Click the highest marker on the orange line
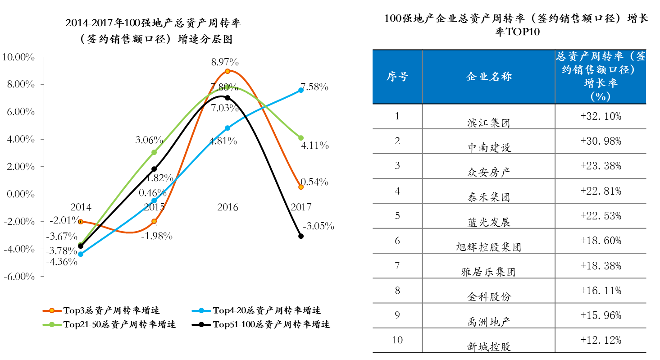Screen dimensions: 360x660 228,71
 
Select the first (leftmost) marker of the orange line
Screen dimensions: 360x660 81,222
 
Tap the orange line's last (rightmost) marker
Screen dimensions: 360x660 301,187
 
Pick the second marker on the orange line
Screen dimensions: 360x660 154,221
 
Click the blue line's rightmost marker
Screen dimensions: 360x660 301,90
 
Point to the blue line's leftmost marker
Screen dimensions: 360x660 81,254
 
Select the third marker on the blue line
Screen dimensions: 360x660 228,128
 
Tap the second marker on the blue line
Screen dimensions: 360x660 154,201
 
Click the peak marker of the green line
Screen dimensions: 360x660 228,87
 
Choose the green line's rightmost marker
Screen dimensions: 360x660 301,138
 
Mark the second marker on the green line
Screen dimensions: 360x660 154,152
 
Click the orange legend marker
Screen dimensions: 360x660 52,310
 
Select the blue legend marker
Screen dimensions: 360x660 201,310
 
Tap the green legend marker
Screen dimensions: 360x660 52,324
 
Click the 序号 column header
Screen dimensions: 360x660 397,77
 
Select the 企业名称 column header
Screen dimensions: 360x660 489,77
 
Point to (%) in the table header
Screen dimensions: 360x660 601,96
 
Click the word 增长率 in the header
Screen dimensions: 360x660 601,83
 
